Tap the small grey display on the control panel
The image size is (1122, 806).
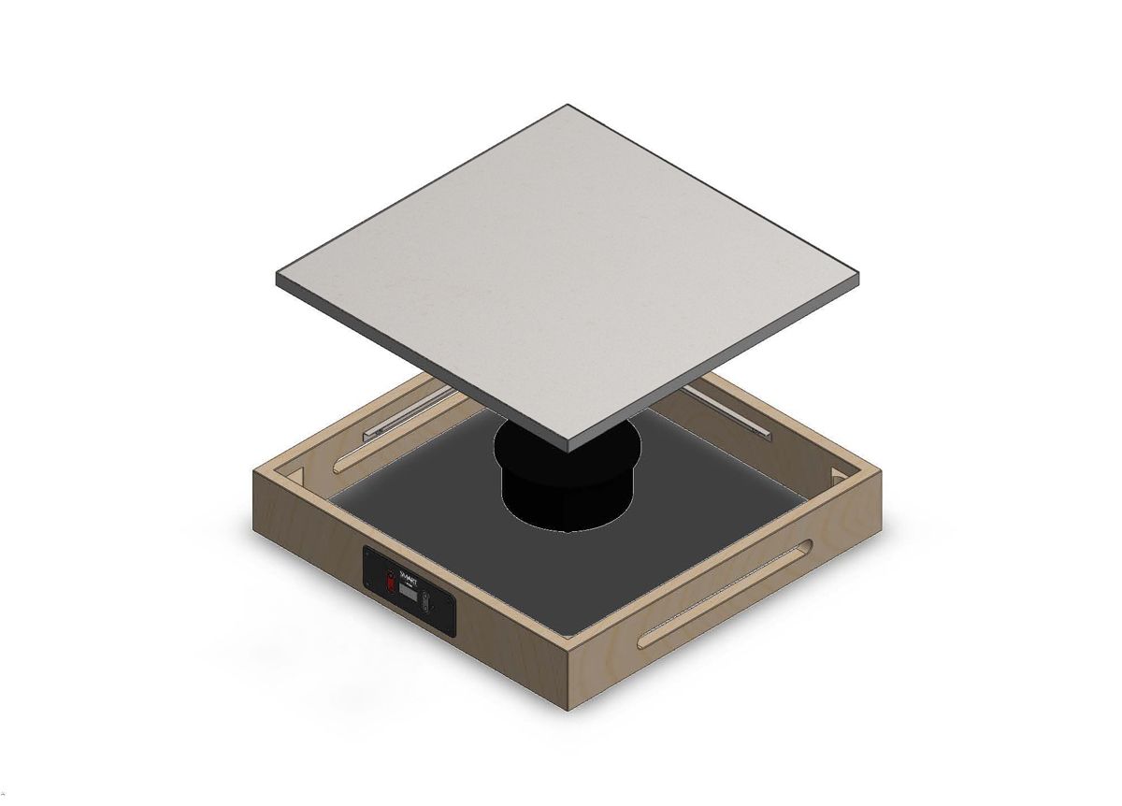pyautogui.click(x=409, y=592)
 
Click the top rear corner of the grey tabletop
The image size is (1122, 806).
pyautogui.click(x=568, y=106)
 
